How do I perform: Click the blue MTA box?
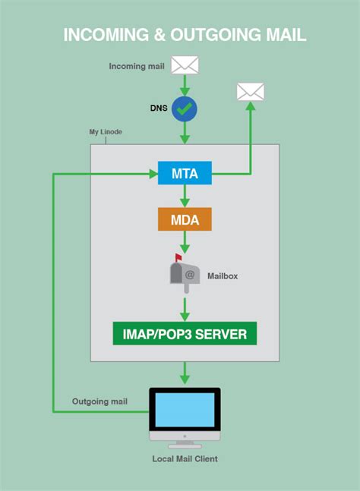185,174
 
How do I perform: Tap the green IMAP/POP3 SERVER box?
185,333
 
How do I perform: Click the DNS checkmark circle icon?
185,109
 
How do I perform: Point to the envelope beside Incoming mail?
185,65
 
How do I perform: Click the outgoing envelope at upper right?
251,92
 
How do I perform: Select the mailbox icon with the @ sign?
185,272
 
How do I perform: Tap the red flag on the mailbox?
178,258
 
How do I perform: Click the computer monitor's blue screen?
185,411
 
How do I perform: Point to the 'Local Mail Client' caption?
185,458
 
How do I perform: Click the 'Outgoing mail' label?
99,401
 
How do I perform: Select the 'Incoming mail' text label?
137,66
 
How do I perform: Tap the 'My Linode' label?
106,132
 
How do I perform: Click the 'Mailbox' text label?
223,276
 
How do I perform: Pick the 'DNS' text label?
157,109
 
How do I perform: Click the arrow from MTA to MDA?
185,196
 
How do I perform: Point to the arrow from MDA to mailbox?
185,242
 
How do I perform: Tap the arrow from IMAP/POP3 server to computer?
185,373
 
